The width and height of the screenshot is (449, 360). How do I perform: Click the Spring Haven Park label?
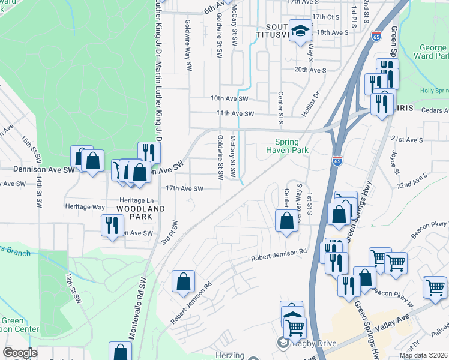[291, 146]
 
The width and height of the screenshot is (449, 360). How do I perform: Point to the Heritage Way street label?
[85, 206]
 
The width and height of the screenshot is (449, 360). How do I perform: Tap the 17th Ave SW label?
[185, 188]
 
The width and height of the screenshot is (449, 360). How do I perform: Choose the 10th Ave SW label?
[229, 98]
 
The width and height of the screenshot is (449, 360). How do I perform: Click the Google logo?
[20, 353]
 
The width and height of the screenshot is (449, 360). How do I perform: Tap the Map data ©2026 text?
[423, 355]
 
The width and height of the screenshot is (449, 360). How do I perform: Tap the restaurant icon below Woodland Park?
[112, 225]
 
